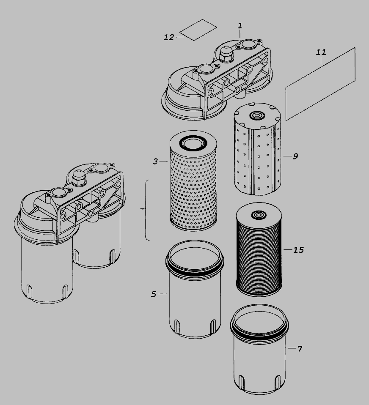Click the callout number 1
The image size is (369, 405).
(x=240, y=26)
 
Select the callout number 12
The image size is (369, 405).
(x=169, y=38)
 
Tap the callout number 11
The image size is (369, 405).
(x=321, y=52)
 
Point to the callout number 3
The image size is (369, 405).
(x=155, y=161)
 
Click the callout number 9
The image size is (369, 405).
(x=295, y=156)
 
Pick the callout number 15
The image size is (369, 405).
(x=298, y=250)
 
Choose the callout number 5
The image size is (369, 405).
(x=154, y=295)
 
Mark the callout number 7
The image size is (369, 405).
(x=300, y=349)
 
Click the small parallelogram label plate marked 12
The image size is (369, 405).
(x=198, y=30)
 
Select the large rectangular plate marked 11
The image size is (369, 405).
(x=320, y=84)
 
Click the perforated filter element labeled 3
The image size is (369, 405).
(x=193, y=181)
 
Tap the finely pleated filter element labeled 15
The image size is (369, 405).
(x=259, y=249)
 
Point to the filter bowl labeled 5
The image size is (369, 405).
(x=195, y=289)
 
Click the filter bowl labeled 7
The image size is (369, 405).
(x=259, y=349)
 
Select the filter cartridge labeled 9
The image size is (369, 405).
(x=257, y=149)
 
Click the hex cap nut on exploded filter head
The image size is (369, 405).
(x=226, y=54)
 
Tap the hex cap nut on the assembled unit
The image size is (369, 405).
(x=79, y=178)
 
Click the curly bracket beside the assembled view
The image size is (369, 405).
(x=146, y=210)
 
